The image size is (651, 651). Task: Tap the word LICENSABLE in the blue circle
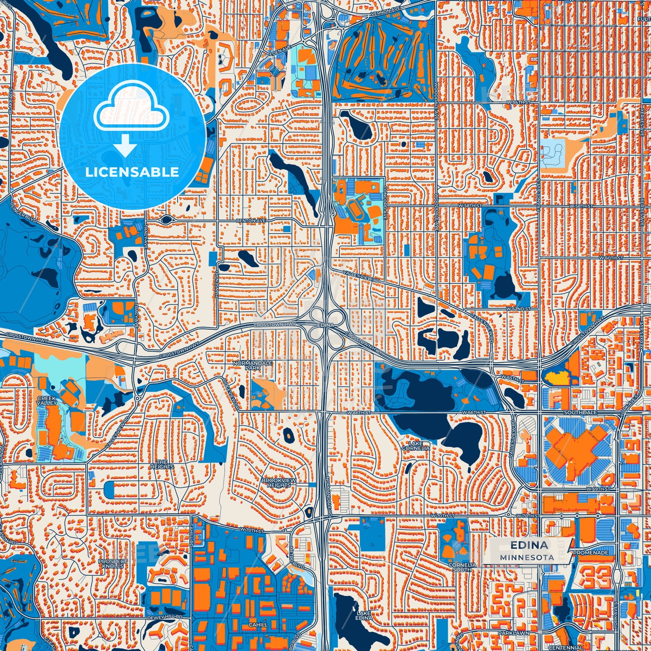coord(132,172)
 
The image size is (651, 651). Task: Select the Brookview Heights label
coord(279,483)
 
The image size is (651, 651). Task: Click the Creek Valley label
coord(47,401)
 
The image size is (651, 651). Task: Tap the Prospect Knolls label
coord(113,563)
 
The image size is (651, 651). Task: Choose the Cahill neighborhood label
coord(258,625)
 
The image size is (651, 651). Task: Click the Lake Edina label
coord(364,615)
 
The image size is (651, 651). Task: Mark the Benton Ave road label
coord(251,221)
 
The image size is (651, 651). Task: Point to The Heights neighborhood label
coord(162,464)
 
